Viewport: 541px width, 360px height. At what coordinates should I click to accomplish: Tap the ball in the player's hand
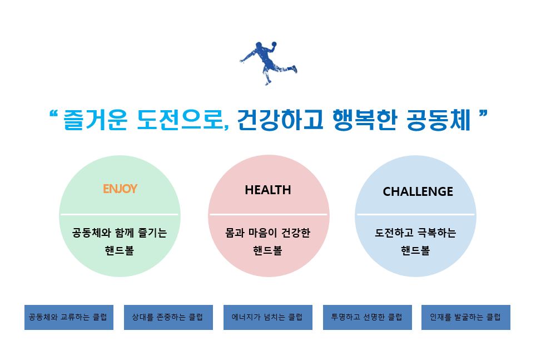[x=274, y=44]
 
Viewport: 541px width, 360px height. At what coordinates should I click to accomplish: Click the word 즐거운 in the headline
[x=95, y=120]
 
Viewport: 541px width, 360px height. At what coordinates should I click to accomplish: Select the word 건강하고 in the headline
[x=280, y=120]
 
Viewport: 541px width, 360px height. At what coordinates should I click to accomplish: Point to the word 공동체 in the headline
[x=438, y=120]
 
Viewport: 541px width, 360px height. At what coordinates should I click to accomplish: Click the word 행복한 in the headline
[x=365, y=120]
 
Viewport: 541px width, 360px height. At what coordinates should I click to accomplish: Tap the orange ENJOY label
[x=120, y=189]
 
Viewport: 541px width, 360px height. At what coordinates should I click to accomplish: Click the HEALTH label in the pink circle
[x=268, y=190]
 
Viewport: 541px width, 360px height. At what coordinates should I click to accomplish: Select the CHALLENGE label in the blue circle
[x=418, y=191]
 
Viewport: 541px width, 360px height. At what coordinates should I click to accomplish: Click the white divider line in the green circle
[x=120, y=214]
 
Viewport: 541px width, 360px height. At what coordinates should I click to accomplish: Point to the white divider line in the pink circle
[x=269, y=214]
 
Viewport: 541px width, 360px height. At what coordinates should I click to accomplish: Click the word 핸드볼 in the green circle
[x=120, y=250]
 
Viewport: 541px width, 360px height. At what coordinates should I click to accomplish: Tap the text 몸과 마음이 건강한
[x=268, y=233]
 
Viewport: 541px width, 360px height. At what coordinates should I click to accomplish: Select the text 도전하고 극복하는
[x=415, y=233]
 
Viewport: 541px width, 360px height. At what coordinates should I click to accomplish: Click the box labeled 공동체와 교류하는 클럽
[x=69, y=317]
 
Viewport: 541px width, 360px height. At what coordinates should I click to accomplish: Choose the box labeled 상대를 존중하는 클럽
[x=168, y=317]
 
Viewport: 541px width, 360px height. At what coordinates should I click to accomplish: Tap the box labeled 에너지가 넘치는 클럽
[x=268, y=317]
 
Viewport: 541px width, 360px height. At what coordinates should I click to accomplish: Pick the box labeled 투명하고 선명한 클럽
[x=368, y=317]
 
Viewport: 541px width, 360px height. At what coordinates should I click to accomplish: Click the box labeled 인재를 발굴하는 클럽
[x=466, y=317]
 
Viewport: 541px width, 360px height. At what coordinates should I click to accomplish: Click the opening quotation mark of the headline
[x=53, y=114]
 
